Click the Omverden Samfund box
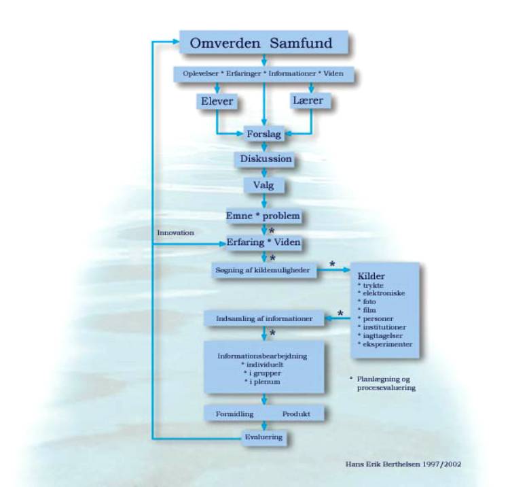265,44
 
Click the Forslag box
264,134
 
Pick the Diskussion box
264,160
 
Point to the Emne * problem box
263,216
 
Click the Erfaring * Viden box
263,242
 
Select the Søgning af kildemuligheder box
263,269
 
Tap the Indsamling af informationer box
263,317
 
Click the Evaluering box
263,436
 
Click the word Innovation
176,233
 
